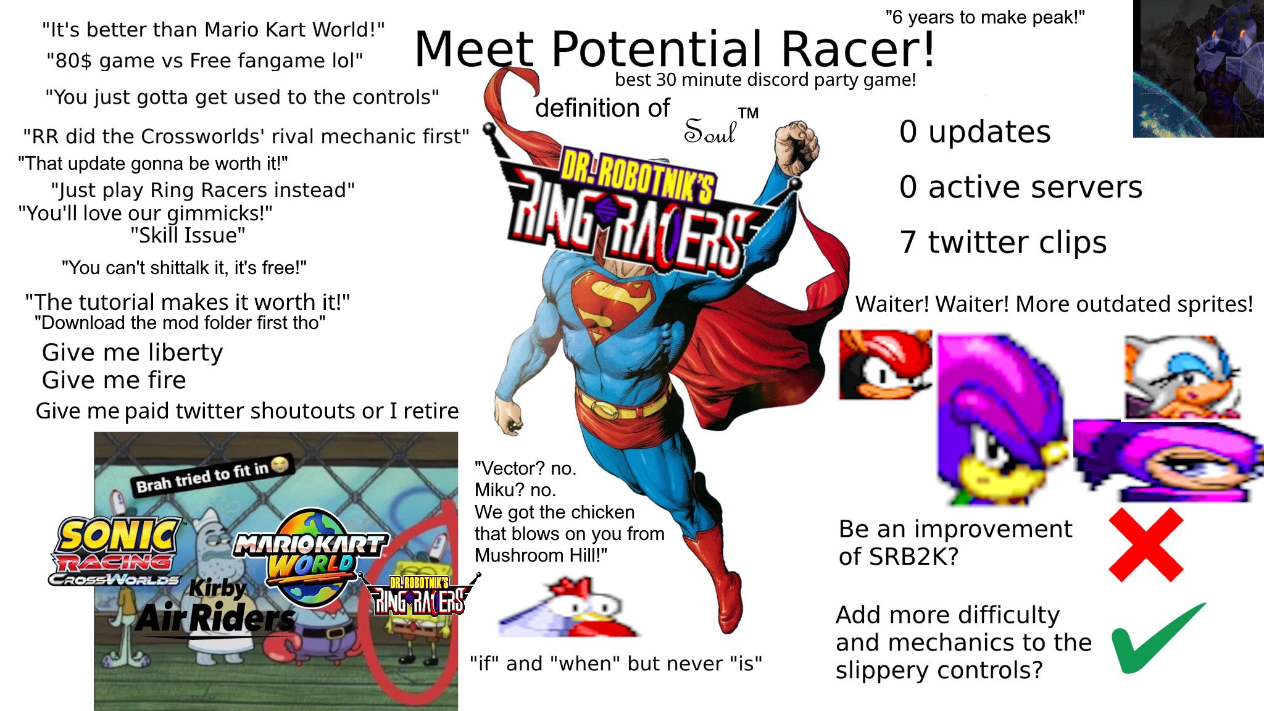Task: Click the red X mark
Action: (1146, 544)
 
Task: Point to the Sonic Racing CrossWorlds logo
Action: (116, 551)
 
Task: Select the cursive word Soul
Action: (710, 131)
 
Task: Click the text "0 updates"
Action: (975, 132)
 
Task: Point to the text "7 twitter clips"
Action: (1003, 242)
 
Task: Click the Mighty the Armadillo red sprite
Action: (885, 364)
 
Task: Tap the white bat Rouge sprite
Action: (1181, 378)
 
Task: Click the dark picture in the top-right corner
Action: (1198, 69)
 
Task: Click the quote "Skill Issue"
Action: (188, 235)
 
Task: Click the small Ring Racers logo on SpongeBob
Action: (418, 596)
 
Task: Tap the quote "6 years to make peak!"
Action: (985, 17)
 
